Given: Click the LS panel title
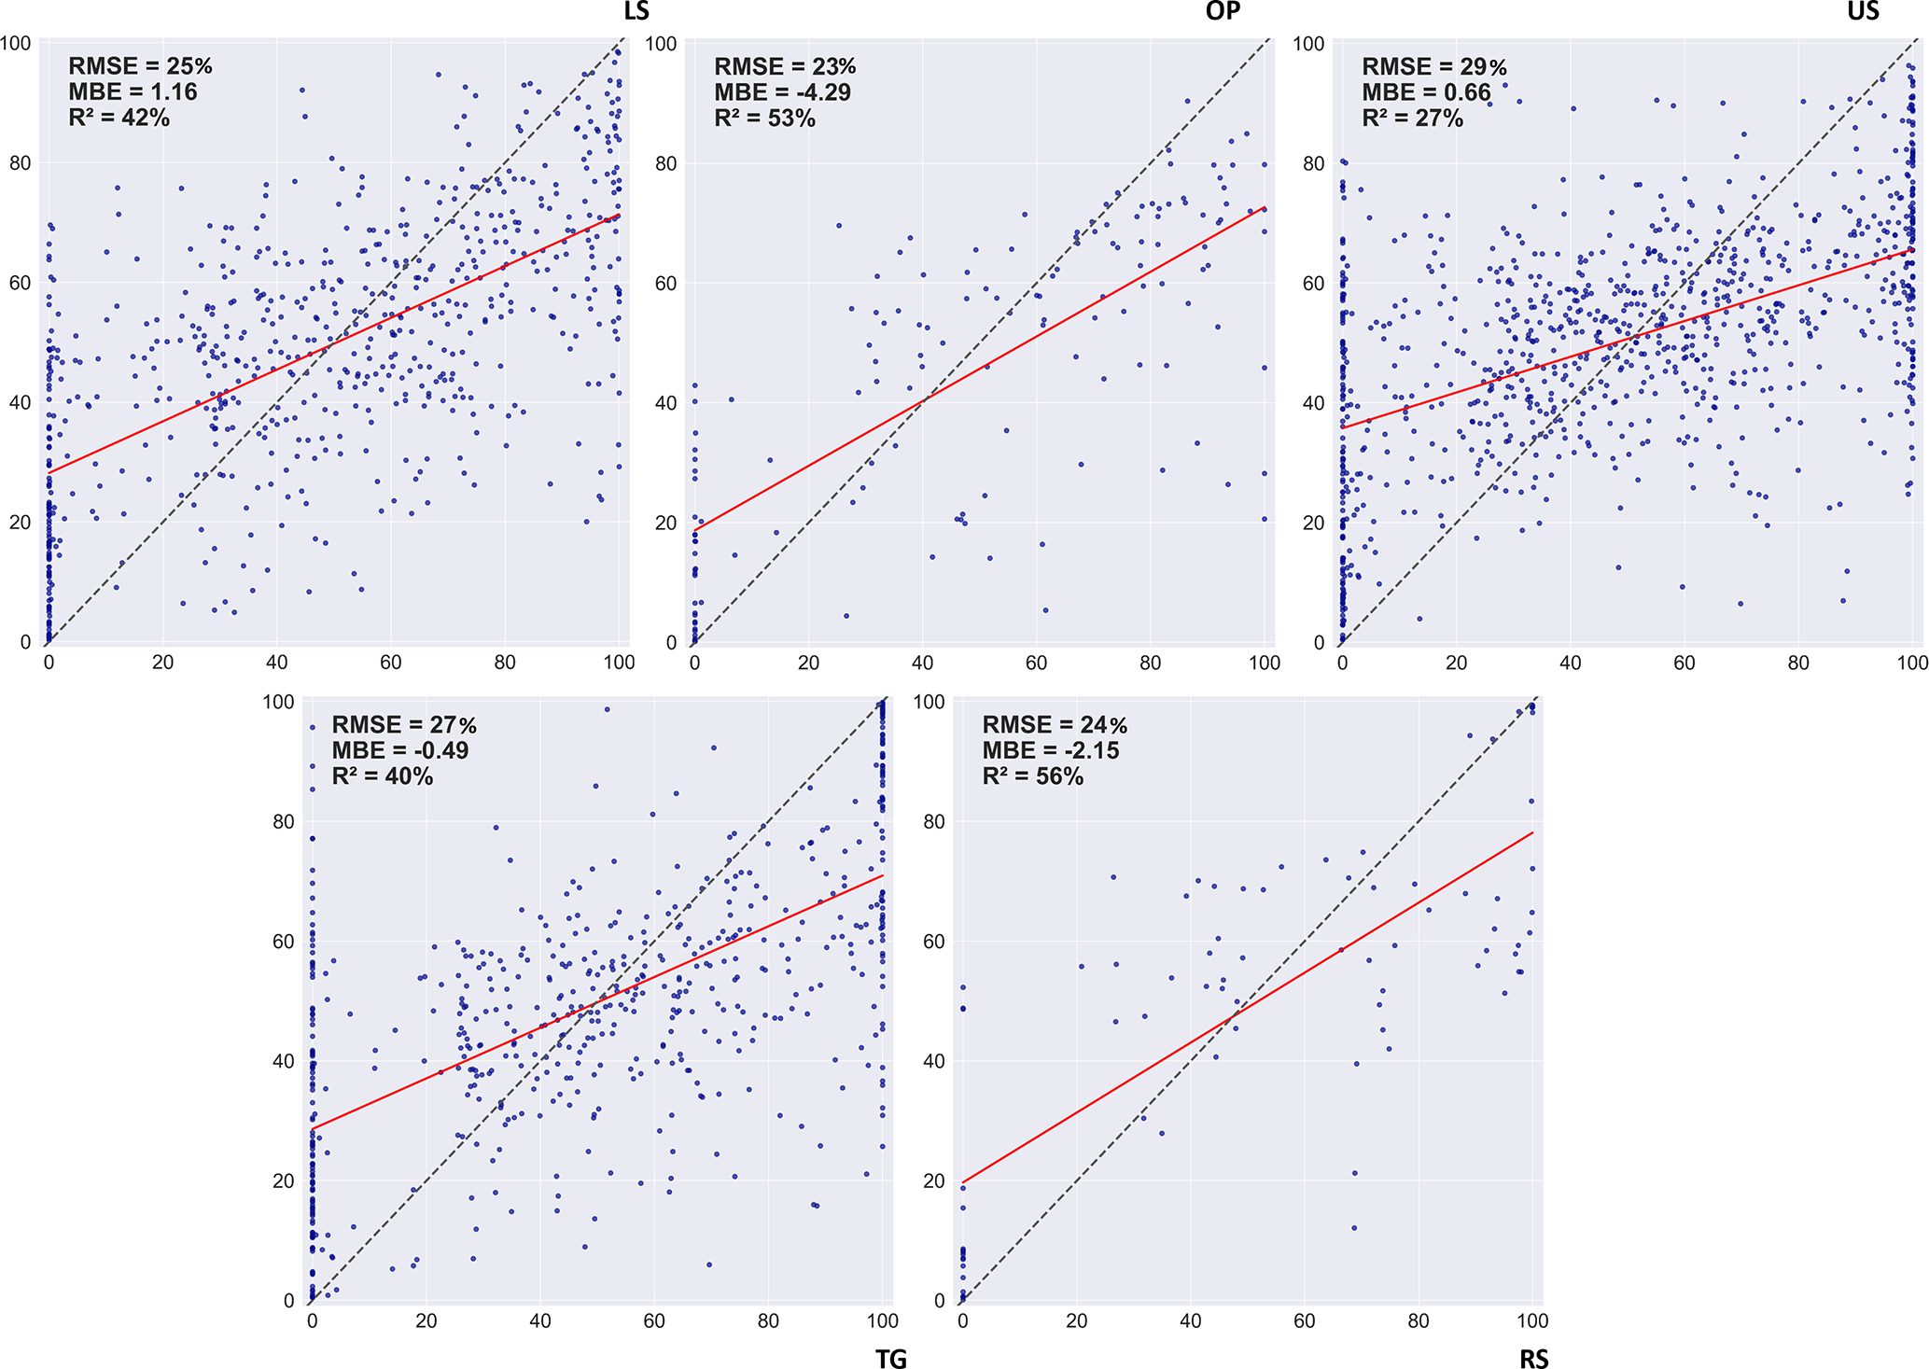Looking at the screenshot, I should pos(636,11).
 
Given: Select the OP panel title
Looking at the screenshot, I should pos(1223,11).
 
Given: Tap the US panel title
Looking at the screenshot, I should pos(1863,11).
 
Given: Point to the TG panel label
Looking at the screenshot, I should pos(891,1359).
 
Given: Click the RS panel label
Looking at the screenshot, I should pos(1533,1359).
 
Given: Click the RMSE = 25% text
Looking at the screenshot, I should pos(140,66).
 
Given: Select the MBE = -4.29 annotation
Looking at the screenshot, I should pos(782,92).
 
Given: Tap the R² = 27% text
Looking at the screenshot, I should pos(1412,119).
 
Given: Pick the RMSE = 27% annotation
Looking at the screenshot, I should pos(404,725).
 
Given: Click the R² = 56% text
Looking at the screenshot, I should pos(1032,776).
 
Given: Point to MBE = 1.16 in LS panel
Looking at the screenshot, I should pos(133,91).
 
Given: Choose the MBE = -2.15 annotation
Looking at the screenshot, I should pos(1050,750).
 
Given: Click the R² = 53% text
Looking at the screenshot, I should pos(764,119).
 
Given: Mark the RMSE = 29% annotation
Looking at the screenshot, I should pos(1433,67).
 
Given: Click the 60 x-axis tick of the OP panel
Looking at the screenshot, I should pos(1036,663).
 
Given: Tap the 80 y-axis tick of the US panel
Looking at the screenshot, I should pos(1313,163).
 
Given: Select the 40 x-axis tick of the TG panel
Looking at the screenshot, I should pos(539,1320).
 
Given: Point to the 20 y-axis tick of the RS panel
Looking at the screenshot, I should pos(934,1180).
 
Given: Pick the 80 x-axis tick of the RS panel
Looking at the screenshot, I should pos(1419,1320).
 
